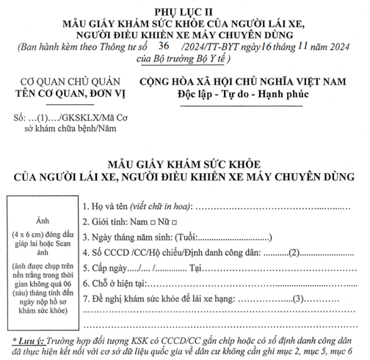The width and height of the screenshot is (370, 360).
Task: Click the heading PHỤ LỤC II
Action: coord(184,11)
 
